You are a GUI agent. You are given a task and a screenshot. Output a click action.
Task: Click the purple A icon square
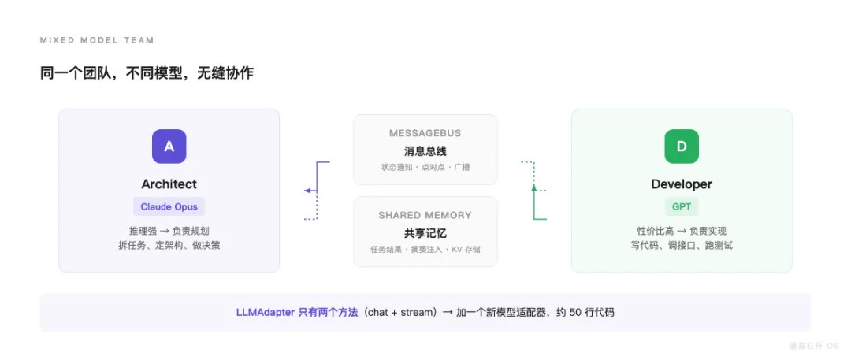coord(169,147)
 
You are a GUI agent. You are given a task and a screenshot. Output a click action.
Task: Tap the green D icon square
coord(682,147)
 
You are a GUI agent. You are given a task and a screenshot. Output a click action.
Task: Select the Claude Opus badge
coord(169,206)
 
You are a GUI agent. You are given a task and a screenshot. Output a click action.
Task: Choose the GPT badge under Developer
coord(682,206)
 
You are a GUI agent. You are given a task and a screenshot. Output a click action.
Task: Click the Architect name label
coord(169,184)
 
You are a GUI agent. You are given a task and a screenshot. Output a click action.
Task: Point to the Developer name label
coord(682,184)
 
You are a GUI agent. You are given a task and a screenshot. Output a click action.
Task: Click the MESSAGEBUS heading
coord(425,133)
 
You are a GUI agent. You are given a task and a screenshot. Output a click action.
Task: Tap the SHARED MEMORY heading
coord(425,215)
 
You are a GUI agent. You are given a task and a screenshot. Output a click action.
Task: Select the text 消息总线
coord(425,150)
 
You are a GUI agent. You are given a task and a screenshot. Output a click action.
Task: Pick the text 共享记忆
coord(425,232)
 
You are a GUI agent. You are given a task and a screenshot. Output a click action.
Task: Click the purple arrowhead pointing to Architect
coord(308,191)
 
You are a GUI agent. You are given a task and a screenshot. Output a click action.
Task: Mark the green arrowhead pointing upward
coord(533,187)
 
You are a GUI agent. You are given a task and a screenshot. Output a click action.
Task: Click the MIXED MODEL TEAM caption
coord(97,40)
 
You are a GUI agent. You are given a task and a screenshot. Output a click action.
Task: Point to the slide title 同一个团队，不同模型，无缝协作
coord(147,73)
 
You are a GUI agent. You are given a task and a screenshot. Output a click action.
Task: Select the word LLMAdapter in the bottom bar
coord(266,312)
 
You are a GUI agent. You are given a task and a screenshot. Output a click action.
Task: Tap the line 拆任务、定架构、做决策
coord(169,245)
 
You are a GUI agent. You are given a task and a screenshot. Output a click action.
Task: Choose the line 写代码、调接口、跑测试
coord(682,245)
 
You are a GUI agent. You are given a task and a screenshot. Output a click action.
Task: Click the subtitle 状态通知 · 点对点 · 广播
coord(425,168)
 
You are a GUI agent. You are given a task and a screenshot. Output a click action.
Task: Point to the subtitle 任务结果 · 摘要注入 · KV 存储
coord(425,250)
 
